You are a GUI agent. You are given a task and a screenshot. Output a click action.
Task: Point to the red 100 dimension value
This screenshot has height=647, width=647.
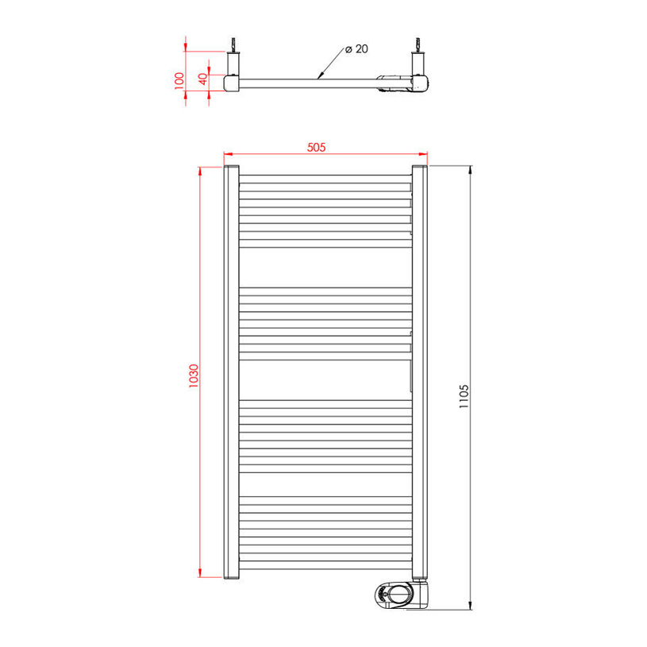(179, 79)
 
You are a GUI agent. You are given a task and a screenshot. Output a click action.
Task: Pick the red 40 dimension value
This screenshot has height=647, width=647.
(202, 79)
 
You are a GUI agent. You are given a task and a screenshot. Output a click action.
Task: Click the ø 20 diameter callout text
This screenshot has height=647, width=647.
(356, 49)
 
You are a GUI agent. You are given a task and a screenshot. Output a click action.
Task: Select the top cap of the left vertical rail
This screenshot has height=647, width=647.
(231, 167)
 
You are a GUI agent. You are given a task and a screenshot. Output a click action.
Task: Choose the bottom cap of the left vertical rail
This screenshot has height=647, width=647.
(231, 577)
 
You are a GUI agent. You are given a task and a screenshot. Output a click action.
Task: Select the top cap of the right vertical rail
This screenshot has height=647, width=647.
(420, 167)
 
